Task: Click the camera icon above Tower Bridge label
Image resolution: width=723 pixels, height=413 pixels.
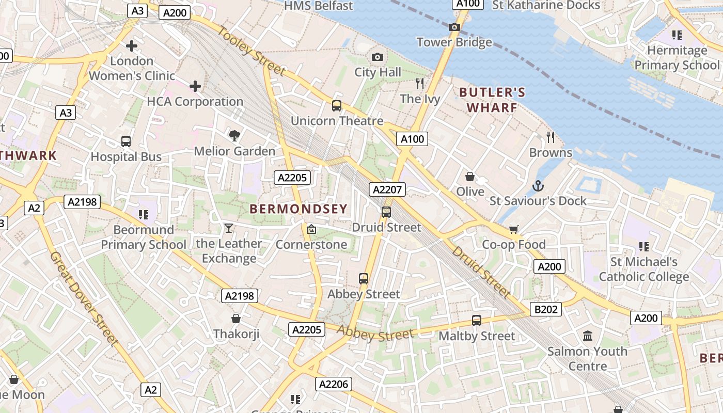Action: (454, 27)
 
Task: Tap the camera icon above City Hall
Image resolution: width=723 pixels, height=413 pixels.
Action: (378, 57)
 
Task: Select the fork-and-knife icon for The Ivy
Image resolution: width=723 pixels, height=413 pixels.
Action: (420, 83)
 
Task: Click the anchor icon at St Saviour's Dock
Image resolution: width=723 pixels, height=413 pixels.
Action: (538, 185)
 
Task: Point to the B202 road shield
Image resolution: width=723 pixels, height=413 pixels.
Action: (546, 309)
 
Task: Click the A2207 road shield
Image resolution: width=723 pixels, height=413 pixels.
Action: (387, 189)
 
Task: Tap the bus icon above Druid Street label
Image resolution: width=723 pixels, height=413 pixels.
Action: (386, 212)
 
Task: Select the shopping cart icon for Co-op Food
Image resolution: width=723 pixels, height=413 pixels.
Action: (513, 229)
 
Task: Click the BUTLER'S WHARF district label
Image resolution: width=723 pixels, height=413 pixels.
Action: (492, 100)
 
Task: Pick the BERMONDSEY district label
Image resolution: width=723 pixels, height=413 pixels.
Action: (298, 209)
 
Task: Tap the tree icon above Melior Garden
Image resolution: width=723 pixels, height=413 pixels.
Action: (234, 136)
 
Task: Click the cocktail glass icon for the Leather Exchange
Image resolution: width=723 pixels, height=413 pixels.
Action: (229, 228)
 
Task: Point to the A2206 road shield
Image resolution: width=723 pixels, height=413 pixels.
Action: (334, 384)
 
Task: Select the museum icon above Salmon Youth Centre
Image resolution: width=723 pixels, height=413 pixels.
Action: (588, 336)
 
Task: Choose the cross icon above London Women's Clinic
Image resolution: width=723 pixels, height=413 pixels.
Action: (132, 45)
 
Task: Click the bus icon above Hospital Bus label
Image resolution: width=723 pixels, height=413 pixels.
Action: (126, 141)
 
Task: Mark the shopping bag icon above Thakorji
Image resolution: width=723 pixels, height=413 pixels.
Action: (236, 319)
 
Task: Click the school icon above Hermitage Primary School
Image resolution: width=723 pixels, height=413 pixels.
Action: (677, 35)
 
